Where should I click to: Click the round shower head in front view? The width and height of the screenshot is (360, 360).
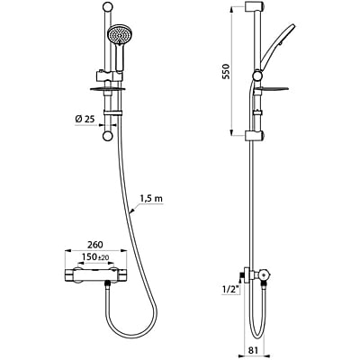[119, 35]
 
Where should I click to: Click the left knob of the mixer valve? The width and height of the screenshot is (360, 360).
[71, 274]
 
